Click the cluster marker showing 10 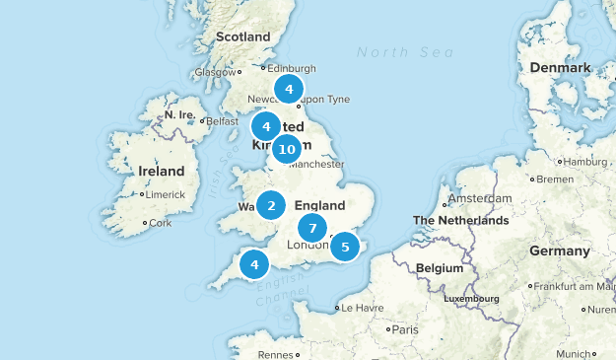point(287,150)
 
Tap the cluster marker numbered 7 point(312,228)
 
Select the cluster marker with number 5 point(345,247)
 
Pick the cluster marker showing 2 point(271,206)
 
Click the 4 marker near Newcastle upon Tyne point(289,90)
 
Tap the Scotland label point(242,37)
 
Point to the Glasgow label point(214,72)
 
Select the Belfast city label point(222,121)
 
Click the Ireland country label point(161,171)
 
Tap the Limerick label point(166,194)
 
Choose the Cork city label point(161,223)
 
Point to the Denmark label point(559,67)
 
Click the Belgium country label point(439,268)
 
